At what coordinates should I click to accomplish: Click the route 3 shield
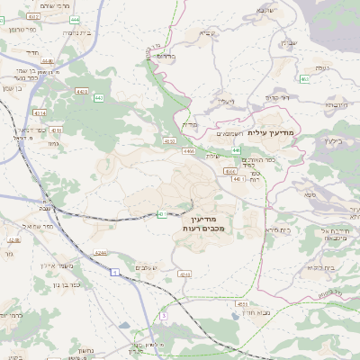[165, 316]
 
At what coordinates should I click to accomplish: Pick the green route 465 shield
[304, 79]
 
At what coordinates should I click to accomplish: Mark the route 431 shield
[161, 213]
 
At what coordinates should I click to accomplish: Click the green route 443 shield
[97, 97]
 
